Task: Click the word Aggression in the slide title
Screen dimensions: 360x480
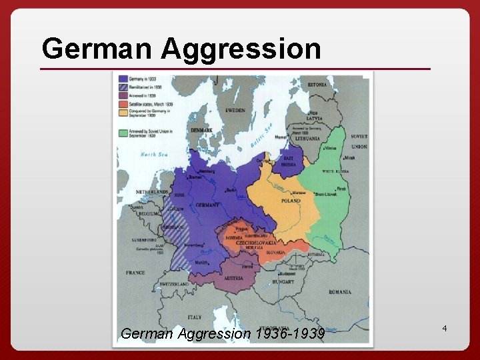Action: click(x=241, y=49)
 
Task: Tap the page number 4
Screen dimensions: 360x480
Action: click(x=443, y=329)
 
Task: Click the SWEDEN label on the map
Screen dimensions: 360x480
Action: click(x=235, y=110)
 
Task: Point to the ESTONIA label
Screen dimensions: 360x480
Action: click(x=317, y=85)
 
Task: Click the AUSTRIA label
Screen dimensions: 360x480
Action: click(x=233, y=277)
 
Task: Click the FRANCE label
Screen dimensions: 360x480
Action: click(x=135, y=273)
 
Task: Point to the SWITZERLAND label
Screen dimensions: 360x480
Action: click(x=174, y=284)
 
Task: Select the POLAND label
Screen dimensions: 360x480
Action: click(x=290, y=201)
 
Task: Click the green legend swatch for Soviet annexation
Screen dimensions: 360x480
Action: click(x=123, y=133)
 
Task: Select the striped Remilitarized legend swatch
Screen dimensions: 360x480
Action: click(x=123, y=87)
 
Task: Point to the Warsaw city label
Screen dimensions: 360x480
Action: click(x=298, y=193)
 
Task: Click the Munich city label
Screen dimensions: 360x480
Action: click(x=201, y=262)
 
